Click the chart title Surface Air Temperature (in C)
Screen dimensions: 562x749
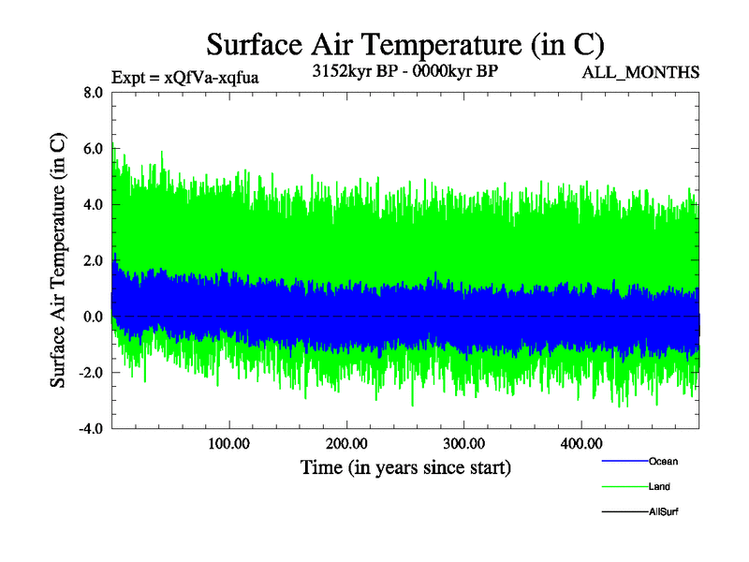[x=404, y=44]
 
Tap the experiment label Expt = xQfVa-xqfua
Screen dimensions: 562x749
[x=184, y=78]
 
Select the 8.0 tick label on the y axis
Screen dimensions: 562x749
[x=94, y=93]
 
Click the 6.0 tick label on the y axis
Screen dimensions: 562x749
[x=94, y=149]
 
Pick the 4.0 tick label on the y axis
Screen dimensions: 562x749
[x=94, y=205]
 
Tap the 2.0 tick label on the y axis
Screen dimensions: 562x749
[x=94, y=261]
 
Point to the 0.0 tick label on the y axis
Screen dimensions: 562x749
[x=94, y=318]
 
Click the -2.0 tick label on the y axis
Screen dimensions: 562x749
[x=91, y=374]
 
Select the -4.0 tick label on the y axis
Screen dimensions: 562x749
[x=91, y=430]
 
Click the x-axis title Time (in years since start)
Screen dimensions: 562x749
[x=405, y=466]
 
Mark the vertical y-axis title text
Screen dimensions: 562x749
[x=58, y=260]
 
